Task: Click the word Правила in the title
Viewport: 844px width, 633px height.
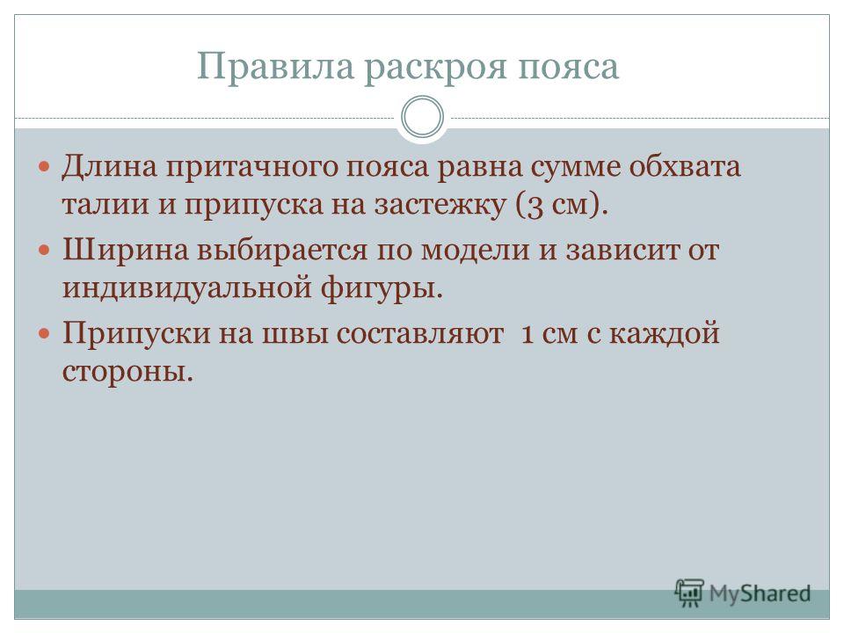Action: [x=275, y=66]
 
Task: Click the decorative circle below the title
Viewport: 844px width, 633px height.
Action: [x=423, y=117]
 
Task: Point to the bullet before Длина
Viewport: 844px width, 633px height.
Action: [x=45, y=166]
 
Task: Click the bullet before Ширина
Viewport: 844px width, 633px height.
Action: [x=45, y=250]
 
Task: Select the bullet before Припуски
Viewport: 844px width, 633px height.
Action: [x=45, y=334]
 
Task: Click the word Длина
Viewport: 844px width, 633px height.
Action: [x=109, y=166]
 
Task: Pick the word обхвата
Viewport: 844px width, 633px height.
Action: [x=685, y=166]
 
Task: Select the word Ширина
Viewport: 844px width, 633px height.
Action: [x=126, y=251]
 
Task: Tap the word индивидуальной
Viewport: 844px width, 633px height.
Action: [x=186, y=288]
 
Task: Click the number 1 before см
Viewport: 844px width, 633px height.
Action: [x=528, y=334]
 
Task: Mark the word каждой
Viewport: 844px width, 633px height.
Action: [x=665, y=334]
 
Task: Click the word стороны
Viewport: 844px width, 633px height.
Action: [x=127, y=372]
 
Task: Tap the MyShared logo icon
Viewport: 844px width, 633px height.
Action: [x=689, y=593]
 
